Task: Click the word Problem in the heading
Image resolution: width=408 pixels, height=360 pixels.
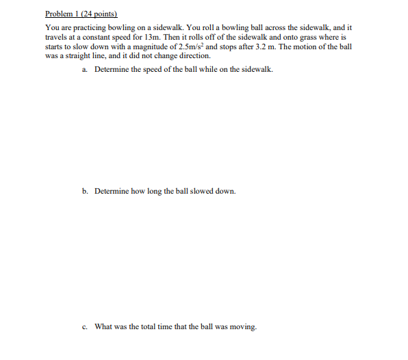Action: [58, 14]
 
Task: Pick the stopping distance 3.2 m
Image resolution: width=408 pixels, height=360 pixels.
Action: [264, 47]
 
